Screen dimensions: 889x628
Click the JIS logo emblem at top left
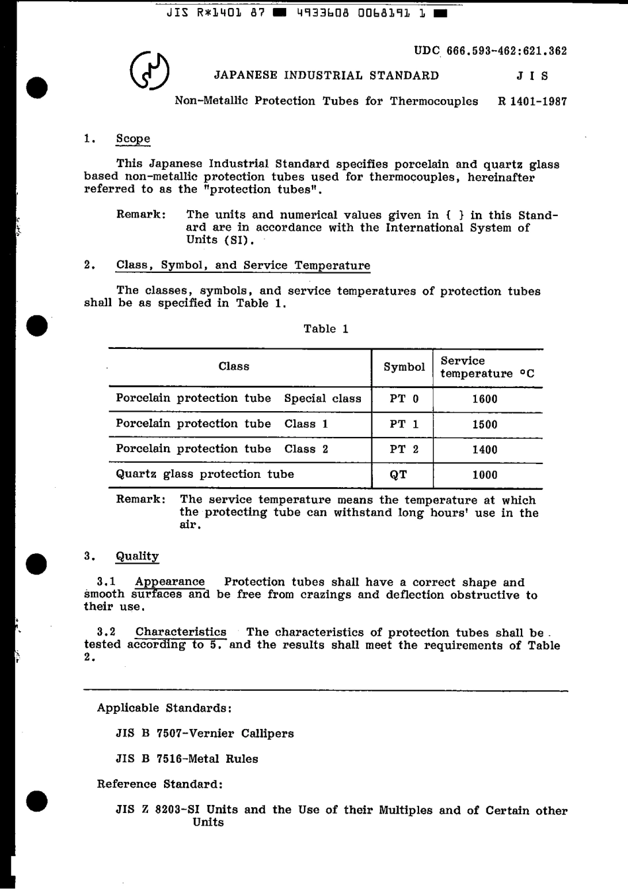149,72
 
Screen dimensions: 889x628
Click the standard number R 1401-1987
531,101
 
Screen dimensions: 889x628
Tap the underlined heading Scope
133,139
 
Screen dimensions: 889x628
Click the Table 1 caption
326,329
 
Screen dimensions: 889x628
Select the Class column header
234,366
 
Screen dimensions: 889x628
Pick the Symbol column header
404,367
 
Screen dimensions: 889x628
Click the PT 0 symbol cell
404,399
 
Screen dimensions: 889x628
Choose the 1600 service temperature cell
485,399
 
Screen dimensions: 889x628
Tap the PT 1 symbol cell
404,424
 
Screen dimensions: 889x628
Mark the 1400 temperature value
485,449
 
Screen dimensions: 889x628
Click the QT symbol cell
399,475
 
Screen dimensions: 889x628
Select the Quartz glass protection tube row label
205,474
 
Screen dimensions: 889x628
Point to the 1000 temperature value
485,475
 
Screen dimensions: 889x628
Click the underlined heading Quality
137,556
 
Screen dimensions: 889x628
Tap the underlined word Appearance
170,582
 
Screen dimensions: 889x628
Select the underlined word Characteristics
180,633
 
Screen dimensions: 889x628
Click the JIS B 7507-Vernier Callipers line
205,734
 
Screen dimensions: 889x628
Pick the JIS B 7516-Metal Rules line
186,759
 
